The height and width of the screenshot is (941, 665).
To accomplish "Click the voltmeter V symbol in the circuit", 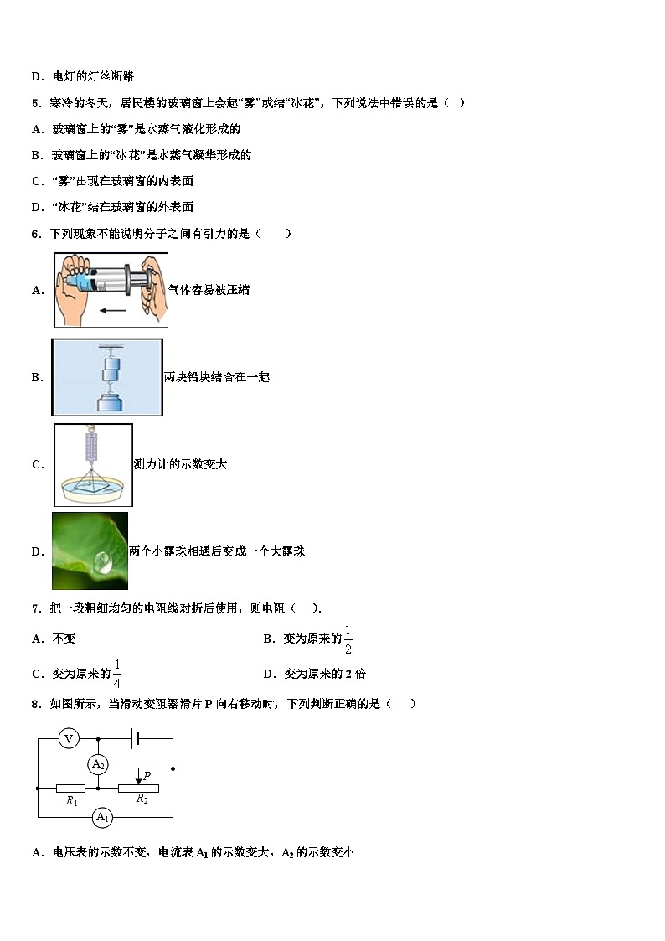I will pyautogui.click(x=70, y=738).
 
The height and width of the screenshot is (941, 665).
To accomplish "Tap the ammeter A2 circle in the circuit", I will pyautogui.click(x=99, y=763).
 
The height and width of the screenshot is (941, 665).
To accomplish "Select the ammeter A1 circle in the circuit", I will pyautogui.click(x=102, y=816).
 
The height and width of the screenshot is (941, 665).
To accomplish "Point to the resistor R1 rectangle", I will pyautogui.click(x=71, y=788).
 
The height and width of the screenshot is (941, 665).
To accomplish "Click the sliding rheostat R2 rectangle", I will pyautogui.click(x=139, y=788).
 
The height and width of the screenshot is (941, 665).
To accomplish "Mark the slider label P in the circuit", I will pyautogui.click(x=147, y=776).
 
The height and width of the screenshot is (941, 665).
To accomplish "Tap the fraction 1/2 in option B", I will pyautogui.click(x=348, y=639).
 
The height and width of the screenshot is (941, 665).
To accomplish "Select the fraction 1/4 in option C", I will pyautogui.click(x=117, y=674).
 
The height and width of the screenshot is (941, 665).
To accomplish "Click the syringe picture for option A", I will pyautogui.click(x=110, y=289).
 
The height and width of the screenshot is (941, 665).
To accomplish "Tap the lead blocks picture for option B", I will pyautogui.click(x=107, y=377).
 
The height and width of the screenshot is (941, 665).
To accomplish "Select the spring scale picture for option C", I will pyautogui.click(x=93, y=464).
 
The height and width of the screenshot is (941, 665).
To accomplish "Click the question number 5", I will pyautogui.click(x=35, y=102).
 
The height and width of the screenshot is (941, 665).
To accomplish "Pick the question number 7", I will pyautogui.click(x=35, y=608).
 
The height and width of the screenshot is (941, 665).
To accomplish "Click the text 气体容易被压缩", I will pyautogui.click(x=209, y=290).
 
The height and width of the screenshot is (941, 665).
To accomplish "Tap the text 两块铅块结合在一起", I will pyautogui.click(x=217, y=377).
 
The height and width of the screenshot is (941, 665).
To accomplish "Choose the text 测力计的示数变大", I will pyautogui.click(x=180, y=464).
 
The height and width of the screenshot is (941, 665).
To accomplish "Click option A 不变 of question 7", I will pyautogui.click(x=64, y=639).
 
